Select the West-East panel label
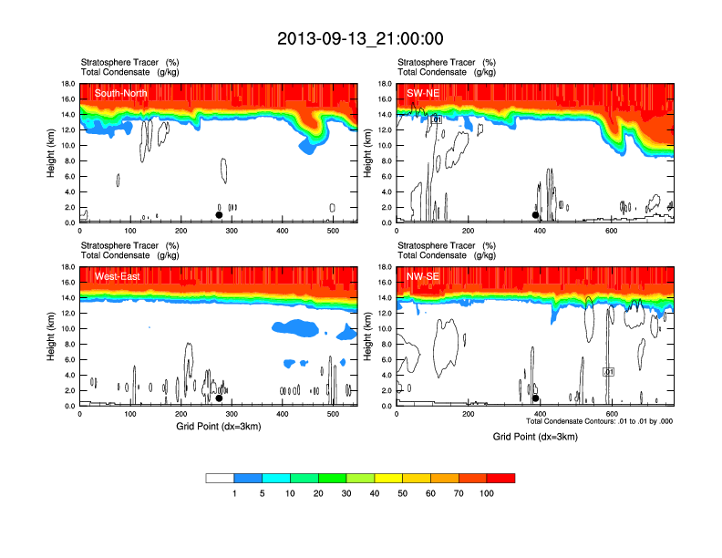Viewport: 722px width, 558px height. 115,276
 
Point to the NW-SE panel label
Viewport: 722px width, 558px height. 423,276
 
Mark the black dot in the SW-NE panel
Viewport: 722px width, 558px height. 536,215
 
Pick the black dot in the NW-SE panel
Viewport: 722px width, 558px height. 536,398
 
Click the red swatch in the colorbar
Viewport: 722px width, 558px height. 500,478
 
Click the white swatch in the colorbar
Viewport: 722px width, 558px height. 220,478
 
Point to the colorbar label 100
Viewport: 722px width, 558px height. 487,493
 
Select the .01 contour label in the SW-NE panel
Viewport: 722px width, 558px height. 436,119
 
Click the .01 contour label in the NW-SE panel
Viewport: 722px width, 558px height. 609,372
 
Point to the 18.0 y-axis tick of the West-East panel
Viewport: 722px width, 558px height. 67,267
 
